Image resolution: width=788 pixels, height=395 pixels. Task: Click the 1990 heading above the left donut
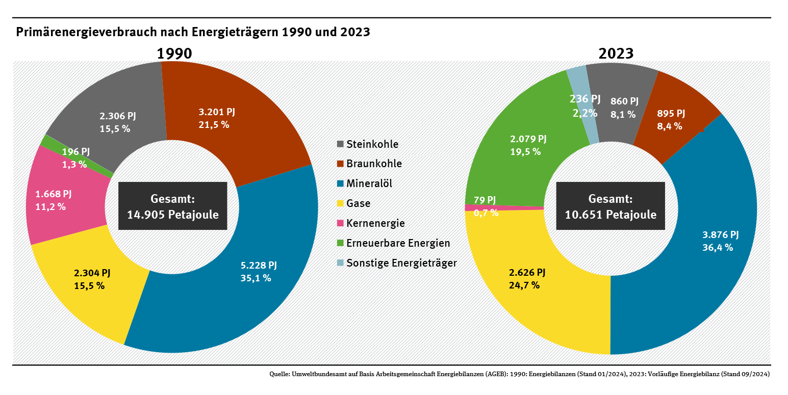pyautogui.click(x=174, y=54)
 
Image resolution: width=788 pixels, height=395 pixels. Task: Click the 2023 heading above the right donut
pyautogui.click(x=616, y=54)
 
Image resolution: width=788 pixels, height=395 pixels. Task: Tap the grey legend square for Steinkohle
pyautogui.click(x=340, y=144)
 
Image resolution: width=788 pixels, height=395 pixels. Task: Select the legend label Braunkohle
pyautogui.click(x=374, y=164)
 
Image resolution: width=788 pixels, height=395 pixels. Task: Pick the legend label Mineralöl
pyautogui.click(x=369, y=183)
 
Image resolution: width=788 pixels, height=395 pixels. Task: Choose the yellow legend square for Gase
pyautogui.click(x=340, y=204)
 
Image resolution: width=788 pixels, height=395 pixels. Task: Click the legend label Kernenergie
pyautogui.click(x=375, y=223)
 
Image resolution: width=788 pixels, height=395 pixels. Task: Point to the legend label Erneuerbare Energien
pyautogui.click(x=398, y=243)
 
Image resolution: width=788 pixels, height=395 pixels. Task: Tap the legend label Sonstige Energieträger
pyautogui.click(x=401, y=263)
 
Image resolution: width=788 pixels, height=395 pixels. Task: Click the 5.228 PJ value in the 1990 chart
pyautogui.click(x=259, y=265)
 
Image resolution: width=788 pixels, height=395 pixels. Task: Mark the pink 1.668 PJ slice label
pyautogui.click(x=54, y=194)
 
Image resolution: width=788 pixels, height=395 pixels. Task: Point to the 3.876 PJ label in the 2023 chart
pyautogui.click(x=720, y=235)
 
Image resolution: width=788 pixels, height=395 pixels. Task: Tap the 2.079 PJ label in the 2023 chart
pyautogui.click(x=528, y=139)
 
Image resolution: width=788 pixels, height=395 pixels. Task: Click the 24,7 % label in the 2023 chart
pyautogui.click(x=524, y=285)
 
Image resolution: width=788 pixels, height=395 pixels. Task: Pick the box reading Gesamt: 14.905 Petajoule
pyautogui.click(x=173, y=207)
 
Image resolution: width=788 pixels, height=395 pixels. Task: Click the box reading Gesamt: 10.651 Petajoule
pyautogui.click(x=611, y=207)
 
